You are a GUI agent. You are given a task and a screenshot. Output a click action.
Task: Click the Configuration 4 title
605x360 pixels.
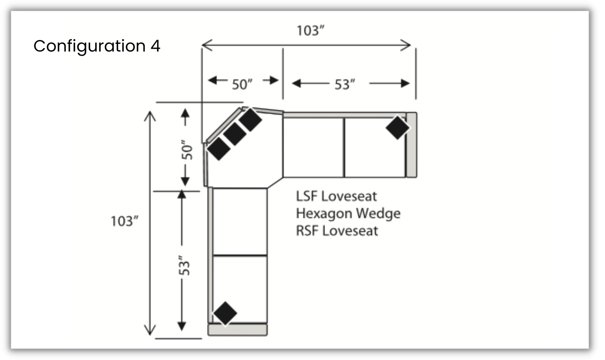[x=97, y=46]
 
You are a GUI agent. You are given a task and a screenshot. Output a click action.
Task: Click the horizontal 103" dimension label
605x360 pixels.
[x=310, y=31]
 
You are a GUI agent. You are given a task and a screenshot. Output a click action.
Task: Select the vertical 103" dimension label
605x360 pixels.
[x=124, y=221]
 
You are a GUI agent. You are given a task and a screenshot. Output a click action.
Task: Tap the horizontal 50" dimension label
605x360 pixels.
[x=242, y=84]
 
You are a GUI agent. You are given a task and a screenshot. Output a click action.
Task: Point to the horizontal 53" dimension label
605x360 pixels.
[x=345, y=84]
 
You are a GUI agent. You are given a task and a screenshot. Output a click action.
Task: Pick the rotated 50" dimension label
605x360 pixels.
[x=186, y=150]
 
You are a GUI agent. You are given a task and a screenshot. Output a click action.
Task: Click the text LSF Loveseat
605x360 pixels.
[x=336, y=196]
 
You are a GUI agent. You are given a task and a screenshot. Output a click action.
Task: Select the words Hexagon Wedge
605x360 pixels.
[x=348, y=214]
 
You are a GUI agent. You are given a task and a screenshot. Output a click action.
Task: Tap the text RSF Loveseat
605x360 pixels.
[x=337, y=231]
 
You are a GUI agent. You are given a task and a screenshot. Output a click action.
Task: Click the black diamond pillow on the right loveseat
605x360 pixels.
[x=397, y=127]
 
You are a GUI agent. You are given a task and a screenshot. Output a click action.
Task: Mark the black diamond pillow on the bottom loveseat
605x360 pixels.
[x=225, y=313]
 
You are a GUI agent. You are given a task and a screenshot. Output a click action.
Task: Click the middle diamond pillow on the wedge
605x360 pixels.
[x=235, y=134]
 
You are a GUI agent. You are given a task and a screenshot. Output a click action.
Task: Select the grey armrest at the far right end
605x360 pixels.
[x=411, y=145]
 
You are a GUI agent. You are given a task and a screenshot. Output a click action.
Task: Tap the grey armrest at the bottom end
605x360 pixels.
[x=238, y=330]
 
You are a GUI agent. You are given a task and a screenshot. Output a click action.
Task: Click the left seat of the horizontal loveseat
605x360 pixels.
[x=314, y=148]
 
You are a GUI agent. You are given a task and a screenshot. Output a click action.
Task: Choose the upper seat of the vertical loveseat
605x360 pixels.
[x=240, y=221]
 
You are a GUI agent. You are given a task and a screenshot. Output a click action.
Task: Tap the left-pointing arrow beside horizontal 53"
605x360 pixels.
[x=297, y=83]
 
